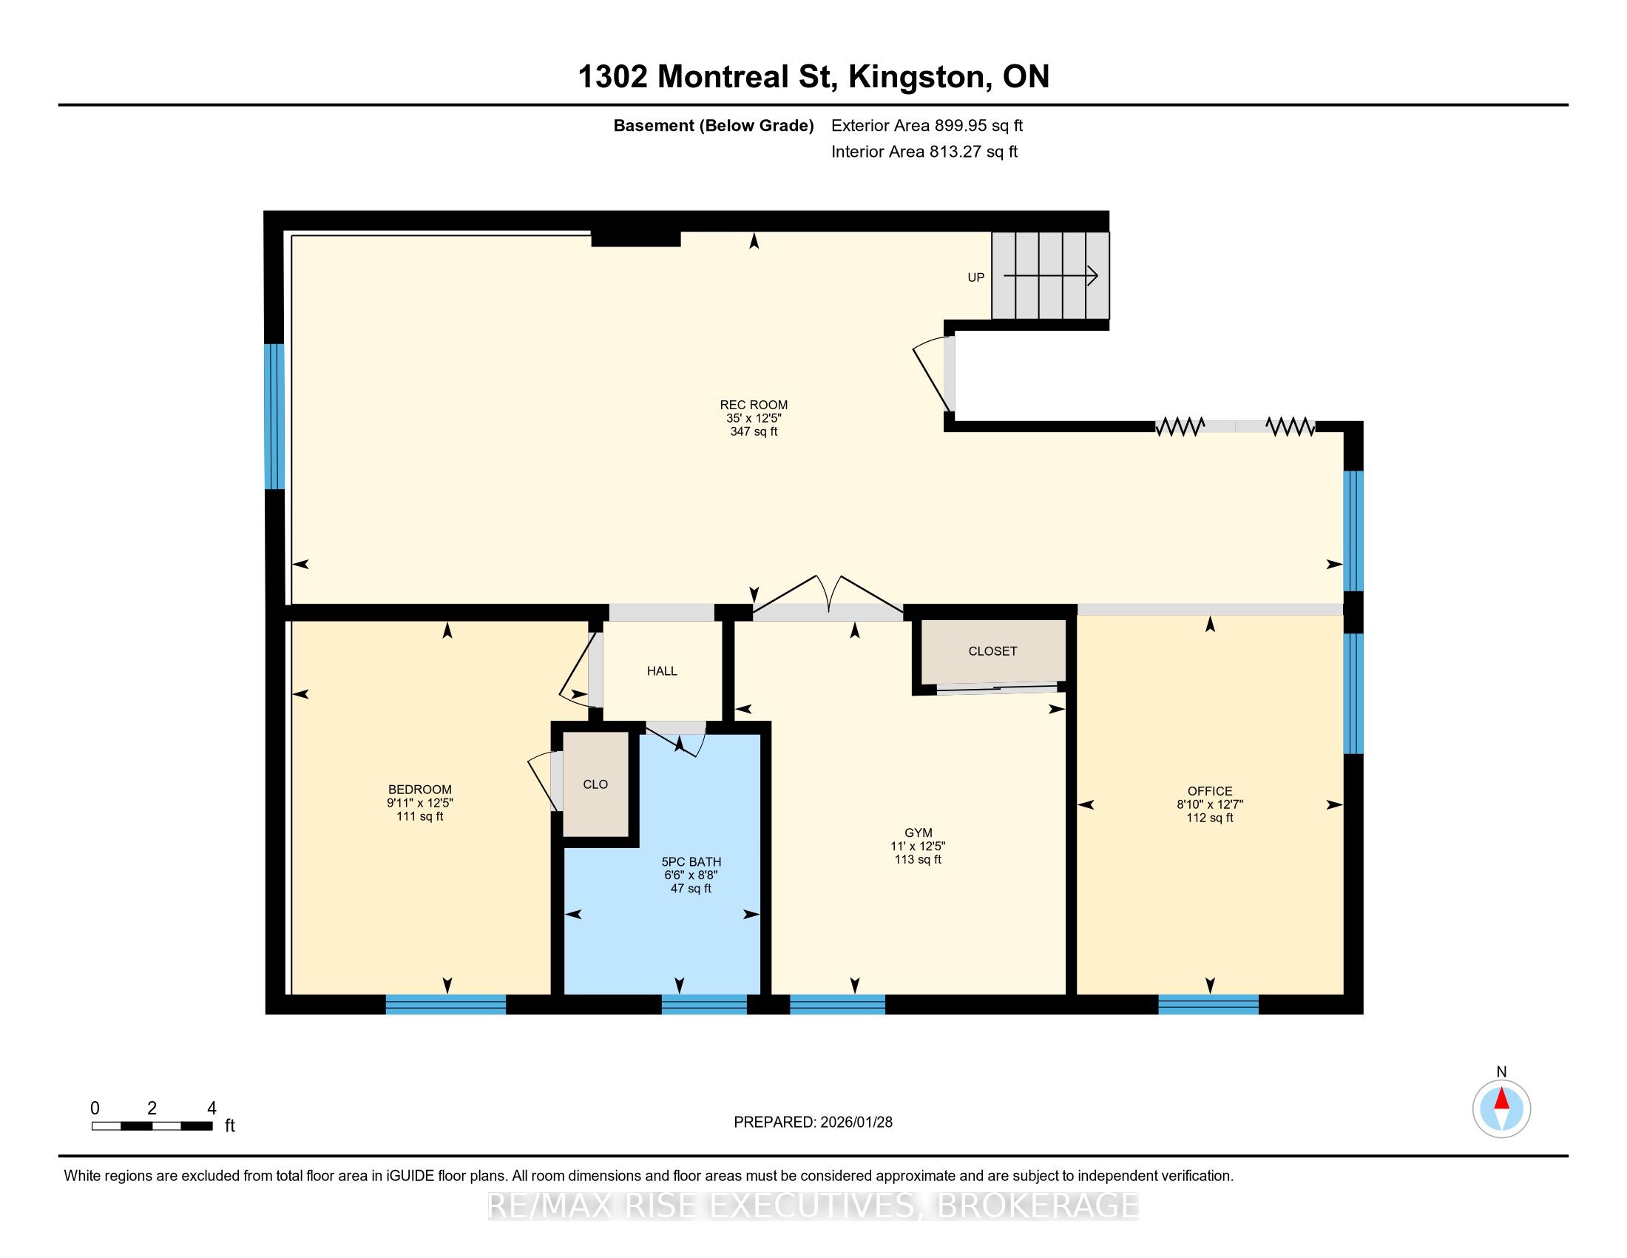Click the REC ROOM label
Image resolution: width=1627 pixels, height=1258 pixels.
tap(753, 406)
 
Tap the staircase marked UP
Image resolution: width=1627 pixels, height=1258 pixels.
tap(1049, 276)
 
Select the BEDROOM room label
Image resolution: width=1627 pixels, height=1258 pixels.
tap(419, 790)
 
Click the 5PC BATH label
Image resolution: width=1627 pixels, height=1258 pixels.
tap(691, 862)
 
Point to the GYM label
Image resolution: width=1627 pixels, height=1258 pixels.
tap(918, 833)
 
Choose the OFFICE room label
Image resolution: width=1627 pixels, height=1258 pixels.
tap(1210, 792)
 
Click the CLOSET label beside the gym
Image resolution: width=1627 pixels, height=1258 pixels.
tap(992, 651)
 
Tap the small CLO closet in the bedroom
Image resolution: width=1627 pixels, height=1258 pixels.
tap(595, 784)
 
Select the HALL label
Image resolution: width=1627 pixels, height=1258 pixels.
tap(662, 671)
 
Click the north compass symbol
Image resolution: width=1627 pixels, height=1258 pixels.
tap(1501, 1109)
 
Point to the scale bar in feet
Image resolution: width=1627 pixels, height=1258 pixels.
tap(152, 1126)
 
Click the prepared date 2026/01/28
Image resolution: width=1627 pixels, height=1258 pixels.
tap(855, 1123)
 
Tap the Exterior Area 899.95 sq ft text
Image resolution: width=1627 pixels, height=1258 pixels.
tap(927, 126)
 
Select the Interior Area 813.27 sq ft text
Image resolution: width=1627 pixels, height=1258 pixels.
tap(924, 152)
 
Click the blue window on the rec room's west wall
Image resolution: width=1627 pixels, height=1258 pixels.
tap(275, 416)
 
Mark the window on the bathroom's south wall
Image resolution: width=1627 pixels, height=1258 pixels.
tap(704, 1005)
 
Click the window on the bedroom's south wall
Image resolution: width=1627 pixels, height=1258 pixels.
tap(445, 1005)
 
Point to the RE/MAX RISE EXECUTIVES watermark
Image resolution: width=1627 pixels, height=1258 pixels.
tap(813, 1206)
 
